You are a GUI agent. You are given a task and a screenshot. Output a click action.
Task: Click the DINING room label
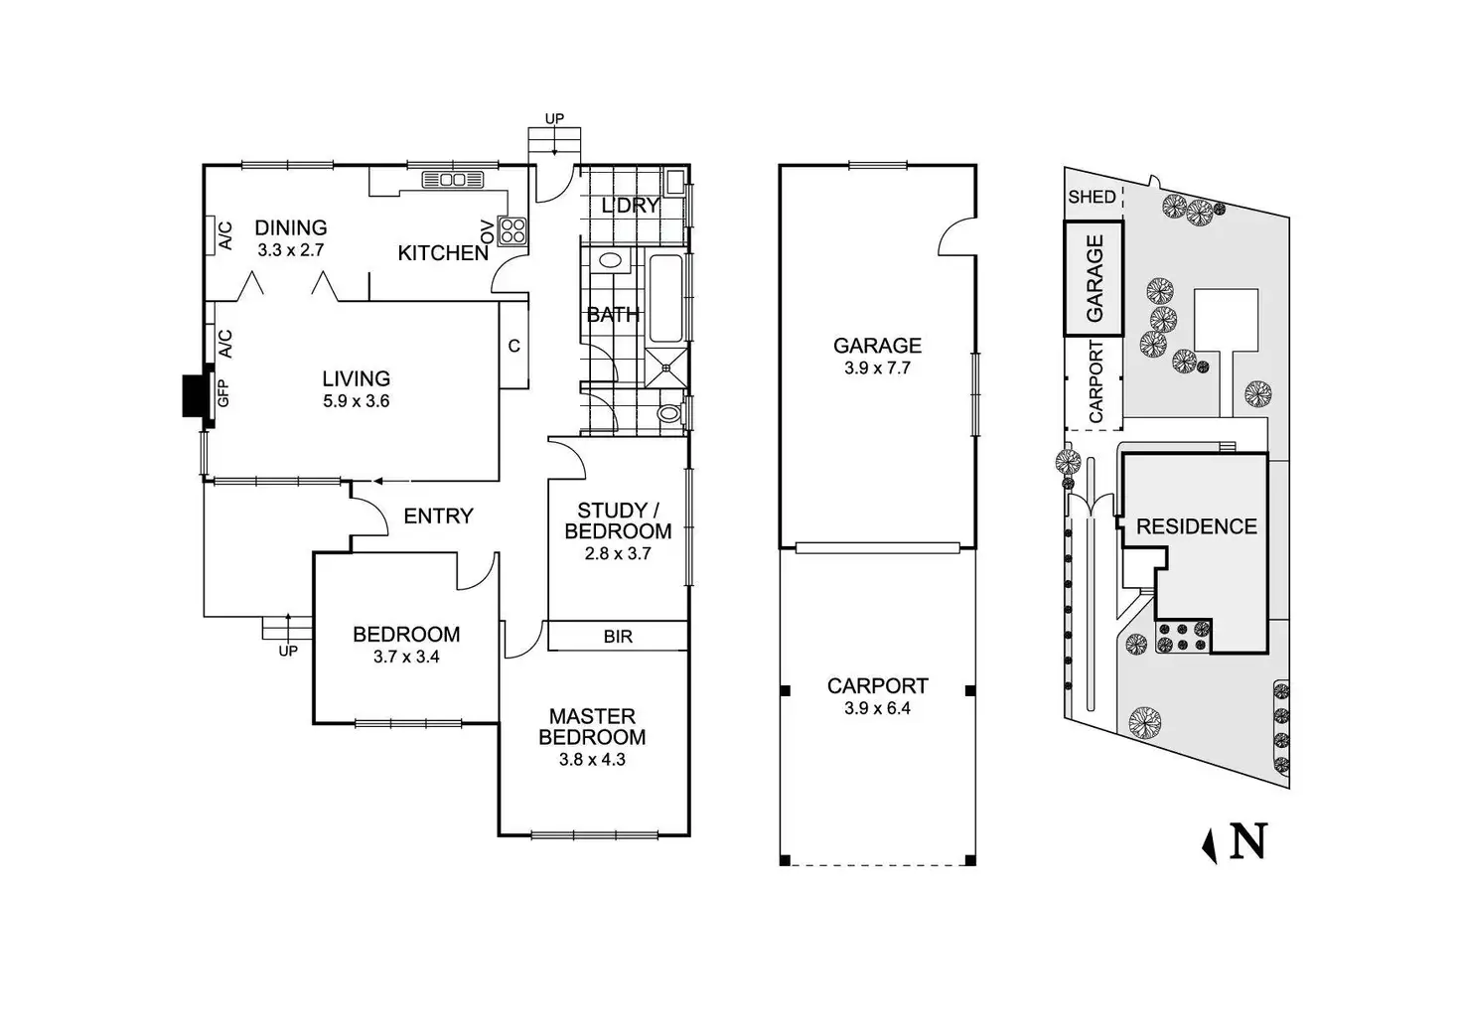point(291,227)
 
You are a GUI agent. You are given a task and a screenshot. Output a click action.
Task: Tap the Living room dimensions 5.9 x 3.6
point(355,401)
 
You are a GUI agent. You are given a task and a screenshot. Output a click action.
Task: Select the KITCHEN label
point(443,253)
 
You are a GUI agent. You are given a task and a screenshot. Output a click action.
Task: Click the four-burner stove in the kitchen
point(512,231)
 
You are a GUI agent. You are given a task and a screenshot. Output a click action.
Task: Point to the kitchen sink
point(452,180)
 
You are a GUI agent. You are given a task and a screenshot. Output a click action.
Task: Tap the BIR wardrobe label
point(618,637)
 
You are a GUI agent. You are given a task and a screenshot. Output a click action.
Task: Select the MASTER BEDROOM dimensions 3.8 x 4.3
point(592,760)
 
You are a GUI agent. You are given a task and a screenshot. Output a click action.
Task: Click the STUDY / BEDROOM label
point(618,520)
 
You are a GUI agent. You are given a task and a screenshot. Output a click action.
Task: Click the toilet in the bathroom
point(670,413)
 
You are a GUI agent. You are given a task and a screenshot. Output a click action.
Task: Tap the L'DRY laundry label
point(631,206)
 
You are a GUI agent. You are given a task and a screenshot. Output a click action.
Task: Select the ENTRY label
point(438,516)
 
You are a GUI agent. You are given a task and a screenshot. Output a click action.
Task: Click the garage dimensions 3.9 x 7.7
point(877,368)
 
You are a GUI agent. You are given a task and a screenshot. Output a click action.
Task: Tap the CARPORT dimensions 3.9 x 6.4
point(877,708)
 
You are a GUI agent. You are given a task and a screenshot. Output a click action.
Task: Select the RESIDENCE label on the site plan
point(1196,526)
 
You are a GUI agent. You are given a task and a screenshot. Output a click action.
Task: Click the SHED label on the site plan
point(1092,197)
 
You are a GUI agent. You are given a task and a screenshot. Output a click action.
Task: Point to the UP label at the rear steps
point(554,119)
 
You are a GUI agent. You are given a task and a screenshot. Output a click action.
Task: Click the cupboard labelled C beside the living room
point(514,346)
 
